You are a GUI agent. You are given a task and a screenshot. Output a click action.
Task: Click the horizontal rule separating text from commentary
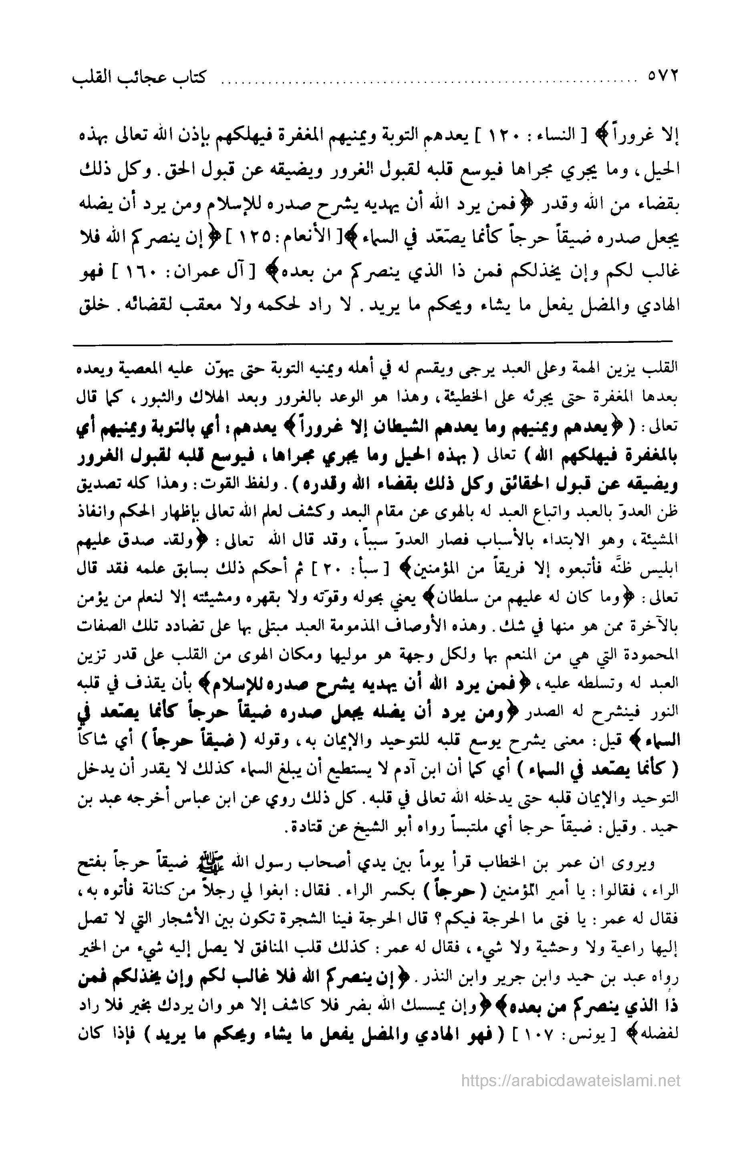(372, 342)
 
